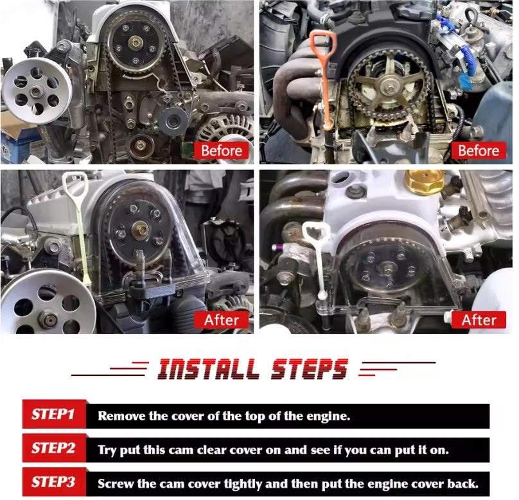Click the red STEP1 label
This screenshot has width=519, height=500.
(54, 414)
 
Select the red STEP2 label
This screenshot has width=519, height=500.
(54, 449)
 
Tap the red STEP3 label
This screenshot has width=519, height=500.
(54, 482)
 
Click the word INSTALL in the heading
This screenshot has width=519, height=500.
(208, 369)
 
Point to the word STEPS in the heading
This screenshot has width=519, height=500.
(310, 369)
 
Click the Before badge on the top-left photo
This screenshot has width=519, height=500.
(222, 151)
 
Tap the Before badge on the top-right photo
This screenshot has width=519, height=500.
(479, 151)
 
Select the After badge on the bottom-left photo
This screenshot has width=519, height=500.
(222, 320)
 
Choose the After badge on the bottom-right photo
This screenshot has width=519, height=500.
(479, 320)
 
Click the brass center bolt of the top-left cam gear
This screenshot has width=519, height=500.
(136, 42)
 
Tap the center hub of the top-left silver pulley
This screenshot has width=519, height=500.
(36, 91)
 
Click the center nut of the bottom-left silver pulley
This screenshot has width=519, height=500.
(49, 320)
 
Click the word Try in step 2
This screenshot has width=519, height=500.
(106, 450)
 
